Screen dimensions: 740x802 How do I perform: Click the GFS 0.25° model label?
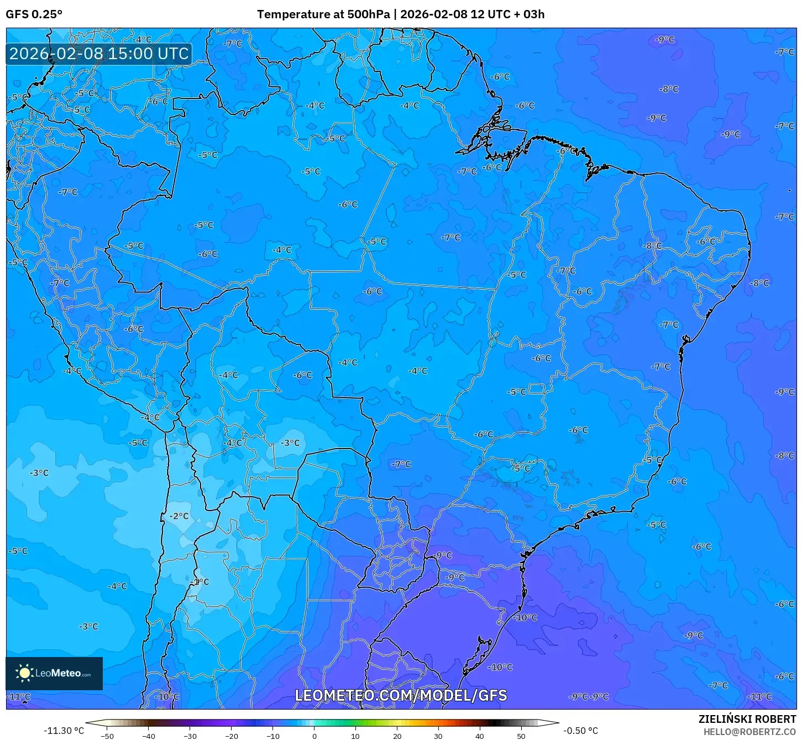click(x=34, y=14)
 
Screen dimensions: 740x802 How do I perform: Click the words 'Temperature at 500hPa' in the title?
click(x=323, y=14)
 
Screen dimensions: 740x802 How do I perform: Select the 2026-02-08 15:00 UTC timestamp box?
click(x=99, y=54)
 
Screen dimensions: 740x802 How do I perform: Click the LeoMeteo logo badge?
click(x=54, y=673)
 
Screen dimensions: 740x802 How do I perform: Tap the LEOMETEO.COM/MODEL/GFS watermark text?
click(x=401, y=695)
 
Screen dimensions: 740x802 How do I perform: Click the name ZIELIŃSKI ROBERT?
click(x=747, y=719)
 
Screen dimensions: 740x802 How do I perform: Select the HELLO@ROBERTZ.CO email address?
click(x=749, y=732)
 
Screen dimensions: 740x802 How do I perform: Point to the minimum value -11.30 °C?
click(x=64, y=731)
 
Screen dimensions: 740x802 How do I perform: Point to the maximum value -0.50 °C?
click(x=580, y=731)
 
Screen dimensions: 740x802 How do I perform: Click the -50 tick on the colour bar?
click(x=107, y=736)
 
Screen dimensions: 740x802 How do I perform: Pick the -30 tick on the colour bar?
click(x=190, y=736)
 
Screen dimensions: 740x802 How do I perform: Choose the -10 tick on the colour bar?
click(x=272, y=736)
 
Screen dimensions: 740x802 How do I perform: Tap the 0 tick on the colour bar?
click(x=314, y=736)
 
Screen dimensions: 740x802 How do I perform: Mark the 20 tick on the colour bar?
click(x=397, y=736)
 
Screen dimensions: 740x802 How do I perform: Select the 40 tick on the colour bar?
click(x=480, y=736)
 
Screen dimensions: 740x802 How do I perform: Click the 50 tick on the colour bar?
click(x=521, y=736)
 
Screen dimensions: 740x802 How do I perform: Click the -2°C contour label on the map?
click(x=179, y=516)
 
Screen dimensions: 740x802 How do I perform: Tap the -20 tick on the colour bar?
click(x=231, y=736)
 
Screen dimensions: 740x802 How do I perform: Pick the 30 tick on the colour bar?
click(x=438, y=736)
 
